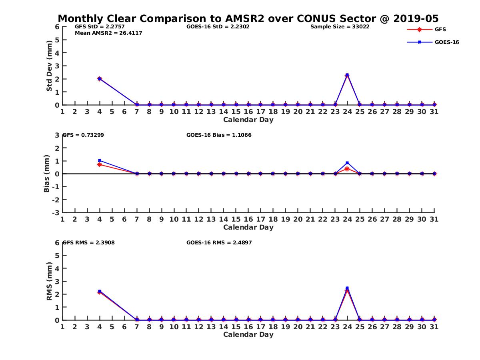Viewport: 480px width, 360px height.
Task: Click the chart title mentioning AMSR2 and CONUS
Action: tap(248, 18)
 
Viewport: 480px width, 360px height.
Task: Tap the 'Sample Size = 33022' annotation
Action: tap(340, 27)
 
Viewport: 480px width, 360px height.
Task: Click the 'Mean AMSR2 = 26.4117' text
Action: tap(108, 33)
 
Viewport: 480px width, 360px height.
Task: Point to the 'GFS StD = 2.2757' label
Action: tap(100, 27)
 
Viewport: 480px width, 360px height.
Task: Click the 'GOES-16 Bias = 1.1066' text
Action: tap(219, 135)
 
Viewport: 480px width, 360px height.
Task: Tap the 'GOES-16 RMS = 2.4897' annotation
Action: tap(219, 242)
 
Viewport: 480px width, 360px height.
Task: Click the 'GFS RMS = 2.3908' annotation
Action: tap(89, 242)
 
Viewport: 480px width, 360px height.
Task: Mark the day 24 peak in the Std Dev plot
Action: tap(347, 75)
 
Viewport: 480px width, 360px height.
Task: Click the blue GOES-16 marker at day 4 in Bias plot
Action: tap(100, 160)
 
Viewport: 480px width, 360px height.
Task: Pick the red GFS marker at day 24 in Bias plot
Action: tap(347, 169)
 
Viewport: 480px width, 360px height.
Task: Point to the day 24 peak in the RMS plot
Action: tap(347, 288)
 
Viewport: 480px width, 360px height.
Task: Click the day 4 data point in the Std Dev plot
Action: tap(100, 79)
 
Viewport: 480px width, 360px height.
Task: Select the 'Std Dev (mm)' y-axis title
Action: tap(49, 66)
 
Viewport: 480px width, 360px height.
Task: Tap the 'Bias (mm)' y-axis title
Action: tap(47, 174)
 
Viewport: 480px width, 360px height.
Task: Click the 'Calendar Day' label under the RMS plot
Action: tap(248, 334)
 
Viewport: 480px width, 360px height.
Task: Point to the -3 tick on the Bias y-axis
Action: tap(56, 212)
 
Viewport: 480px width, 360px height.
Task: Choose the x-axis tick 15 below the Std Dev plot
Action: tap(236, 112)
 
